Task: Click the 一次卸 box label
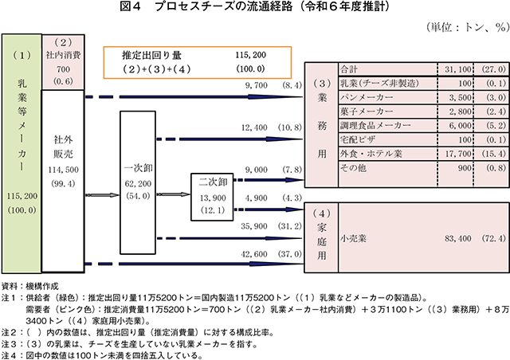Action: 138,168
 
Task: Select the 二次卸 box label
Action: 213,182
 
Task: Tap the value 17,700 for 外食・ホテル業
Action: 458,154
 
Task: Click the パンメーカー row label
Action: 367,97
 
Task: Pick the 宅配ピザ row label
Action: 358,140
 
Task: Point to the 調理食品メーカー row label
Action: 375,126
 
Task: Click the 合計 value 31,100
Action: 458,69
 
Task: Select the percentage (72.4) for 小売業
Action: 494,239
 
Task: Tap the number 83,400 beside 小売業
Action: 457,239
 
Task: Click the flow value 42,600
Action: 254,254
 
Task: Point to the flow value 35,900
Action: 254,226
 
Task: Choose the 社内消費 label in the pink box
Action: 63,55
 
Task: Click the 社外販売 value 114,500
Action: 63,170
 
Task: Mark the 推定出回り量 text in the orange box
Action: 151,55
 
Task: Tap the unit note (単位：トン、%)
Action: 467,27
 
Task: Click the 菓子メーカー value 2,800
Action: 461,112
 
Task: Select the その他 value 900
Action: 464,168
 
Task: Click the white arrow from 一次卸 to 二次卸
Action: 173,194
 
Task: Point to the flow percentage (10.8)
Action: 290,127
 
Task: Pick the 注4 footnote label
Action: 9,355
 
